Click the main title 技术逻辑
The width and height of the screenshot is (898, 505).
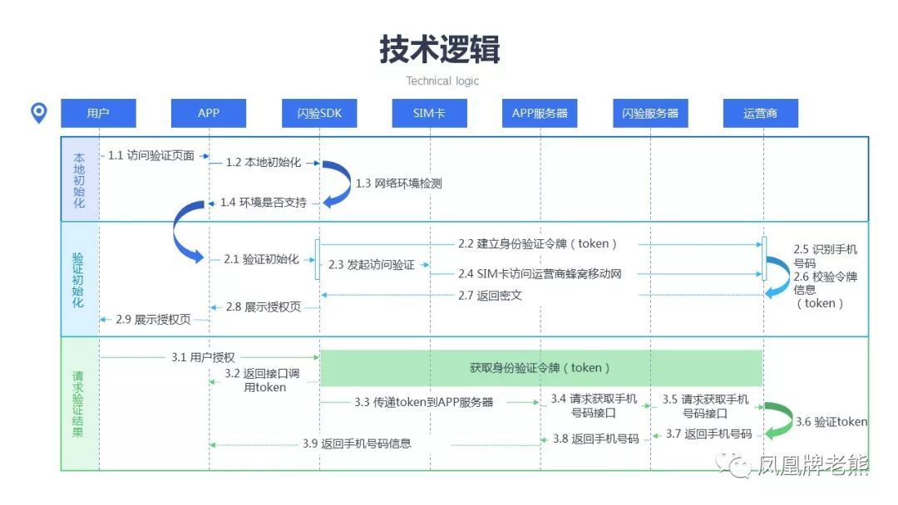pyautogui.click(x=440, y=50)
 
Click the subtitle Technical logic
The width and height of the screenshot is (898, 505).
pyautogui.click(x=442, y=81)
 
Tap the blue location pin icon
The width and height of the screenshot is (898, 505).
pyautogui.click(x=39, y=113)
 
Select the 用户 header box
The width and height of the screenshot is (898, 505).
pyautogui.click(x=98, y=113)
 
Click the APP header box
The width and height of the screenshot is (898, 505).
pyautogui.click(x=209, y=113)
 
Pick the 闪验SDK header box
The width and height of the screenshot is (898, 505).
pyautogui.click(x=320, y=113)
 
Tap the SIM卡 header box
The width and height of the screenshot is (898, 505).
pyautogui.click(x=430, y=113)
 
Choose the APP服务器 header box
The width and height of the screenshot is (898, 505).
pyautogui.click(x=540, y=113)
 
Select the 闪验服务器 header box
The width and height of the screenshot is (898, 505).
pyautogui.click(x=650, y=113)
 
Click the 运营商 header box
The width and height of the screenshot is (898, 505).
pyautogui.click(x=761, y=113)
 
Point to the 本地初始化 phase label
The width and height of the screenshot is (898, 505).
pyautogui.click(x=79, y=179)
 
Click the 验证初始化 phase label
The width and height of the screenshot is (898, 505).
pyautogui.click(x=79, y=279)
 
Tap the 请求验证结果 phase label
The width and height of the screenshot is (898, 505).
pyautogui.click(x=79, y=404)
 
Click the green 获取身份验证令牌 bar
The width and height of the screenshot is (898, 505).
pyautogui.click(x=541, y=368)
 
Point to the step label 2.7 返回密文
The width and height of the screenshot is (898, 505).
pyautogui.click(x=491, y=295)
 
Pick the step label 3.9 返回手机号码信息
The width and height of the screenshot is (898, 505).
pyautogui.click(x=357, y=444)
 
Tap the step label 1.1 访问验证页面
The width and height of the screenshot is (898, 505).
pyautogui.click(x=151, y=155)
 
